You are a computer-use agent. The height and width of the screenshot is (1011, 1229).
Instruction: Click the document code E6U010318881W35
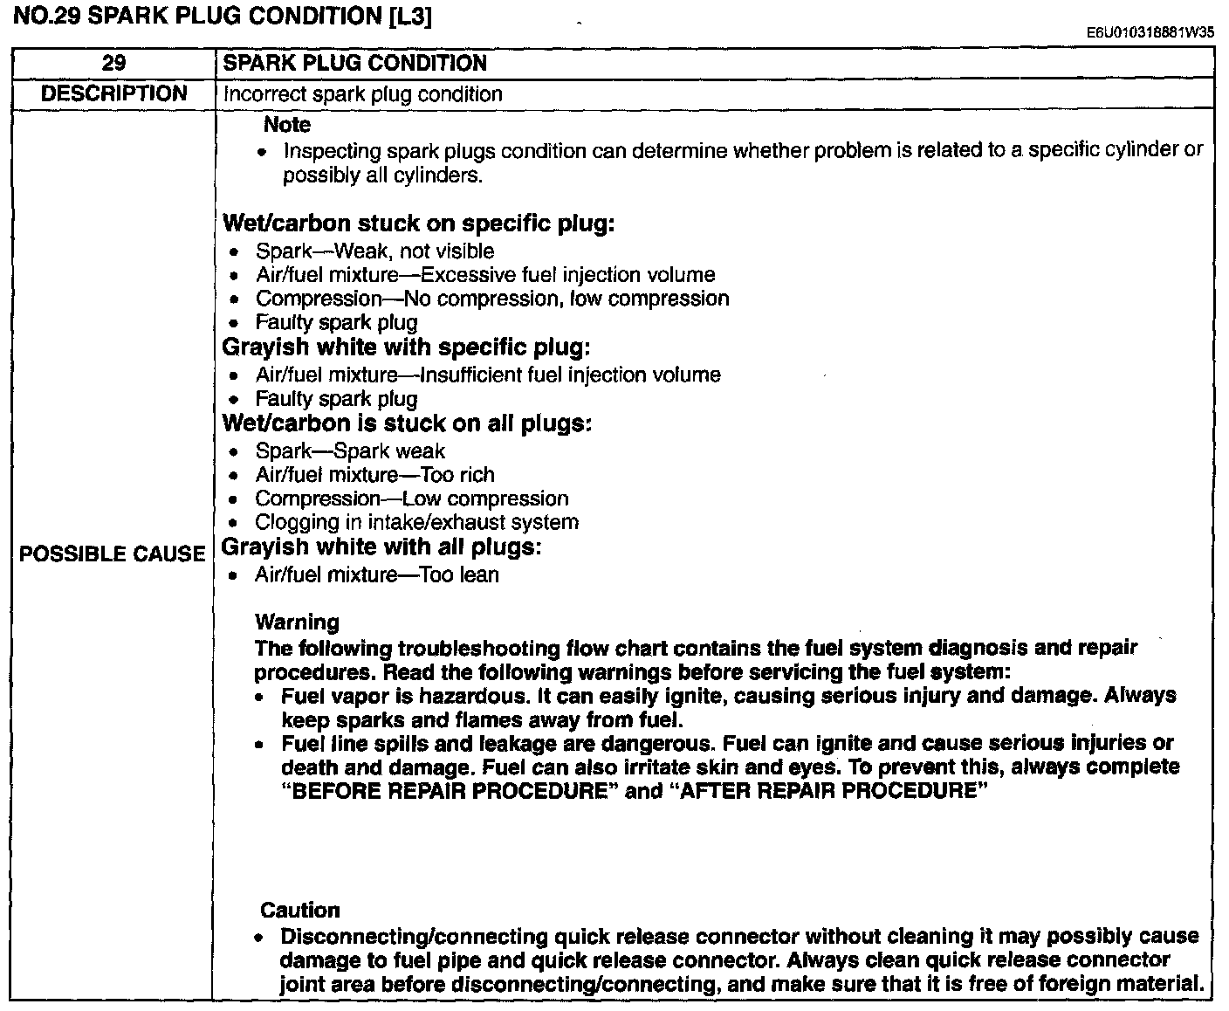(1150, 33)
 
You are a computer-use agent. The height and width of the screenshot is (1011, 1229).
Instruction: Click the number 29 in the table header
(113, 63)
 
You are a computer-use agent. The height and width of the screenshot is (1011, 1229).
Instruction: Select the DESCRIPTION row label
(113, 93)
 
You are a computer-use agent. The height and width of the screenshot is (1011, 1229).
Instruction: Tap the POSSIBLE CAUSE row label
(112, 554)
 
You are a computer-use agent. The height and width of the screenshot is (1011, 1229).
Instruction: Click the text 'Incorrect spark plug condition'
(362, 94)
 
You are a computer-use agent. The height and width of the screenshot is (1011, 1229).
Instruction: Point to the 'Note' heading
(286, 125)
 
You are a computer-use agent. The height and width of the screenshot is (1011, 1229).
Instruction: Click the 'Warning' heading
(297, 622)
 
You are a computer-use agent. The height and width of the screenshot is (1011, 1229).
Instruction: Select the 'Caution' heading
(299, 910)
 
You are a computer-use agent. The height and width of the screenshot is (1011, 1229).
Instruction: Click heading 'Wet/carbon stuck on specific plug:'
(419, 224)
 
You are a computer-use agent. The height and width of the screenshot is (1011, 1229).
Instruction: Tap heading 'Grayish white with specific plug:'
(407, 347)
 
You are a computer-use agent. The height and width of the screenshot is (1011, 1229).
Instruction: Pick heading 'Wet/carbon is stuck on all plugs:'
(408, 423)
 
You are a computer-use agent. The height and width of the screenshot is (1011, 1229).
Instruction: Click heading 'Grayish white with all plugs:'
(381, 547)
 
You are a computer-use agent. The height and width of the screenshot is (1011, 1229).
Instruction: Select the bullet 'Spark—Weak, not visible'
(374, 251)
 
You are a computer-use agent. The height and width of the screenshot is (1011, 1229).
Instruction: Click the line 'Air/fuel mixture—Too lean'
(376, 574)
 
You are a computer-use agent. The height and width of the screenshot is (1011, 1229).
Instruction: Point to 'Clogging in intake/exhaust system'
(416, 522)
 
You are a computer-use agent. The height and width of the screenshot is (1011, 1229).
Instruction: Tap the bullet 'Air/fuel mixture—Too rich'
(374, 475)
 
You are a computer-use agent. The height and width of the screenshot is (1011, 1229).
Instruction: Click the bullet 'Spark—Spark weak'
(350, 451)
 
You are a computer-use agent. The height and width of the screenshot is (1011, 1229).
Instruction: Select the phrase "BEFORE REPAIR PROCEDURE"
(444, 791)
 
